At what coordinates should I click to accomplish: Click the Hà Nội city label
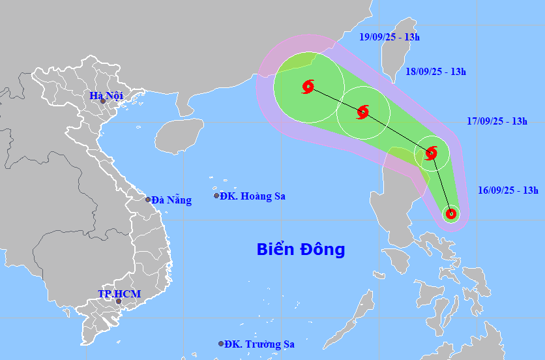point(106,96)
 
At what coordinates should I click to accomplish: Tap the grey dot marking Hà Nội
point(102,101)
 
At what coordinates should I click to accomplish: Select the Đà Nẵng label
point(171,200)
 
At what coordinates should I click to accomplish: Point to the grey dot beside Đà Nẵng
point(148,200)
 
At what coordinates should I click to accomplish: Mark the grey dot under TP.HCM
point(118,301)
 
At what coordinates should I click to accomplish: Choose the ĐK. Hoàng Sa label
point(252,196)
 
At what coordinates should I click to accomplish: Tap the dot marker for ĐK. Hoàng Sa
point(216,196)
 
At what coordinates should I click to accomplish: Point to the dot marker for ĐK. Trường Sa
point(221,344)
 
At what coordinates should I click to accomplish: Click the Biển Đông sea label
point(301,249)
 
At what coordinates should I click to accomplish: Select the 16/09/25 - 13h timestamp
point(508,190)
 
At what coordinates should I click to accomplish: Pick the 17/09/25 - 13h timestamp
point(497,121)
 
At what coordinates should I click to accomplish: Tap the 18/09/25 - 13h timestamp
point(435,72)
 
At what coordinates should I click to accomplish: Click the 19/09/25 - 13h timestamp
point(390,37)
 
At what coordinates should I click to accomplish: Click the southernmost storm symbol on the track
point(450,213)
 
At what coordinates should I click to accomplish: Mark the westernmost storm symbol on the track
point(308,86)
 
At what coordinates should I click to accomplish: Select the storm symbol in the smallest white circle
point(450,213)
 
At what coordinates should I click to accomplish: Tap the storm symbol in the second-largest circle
point(363,112)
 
